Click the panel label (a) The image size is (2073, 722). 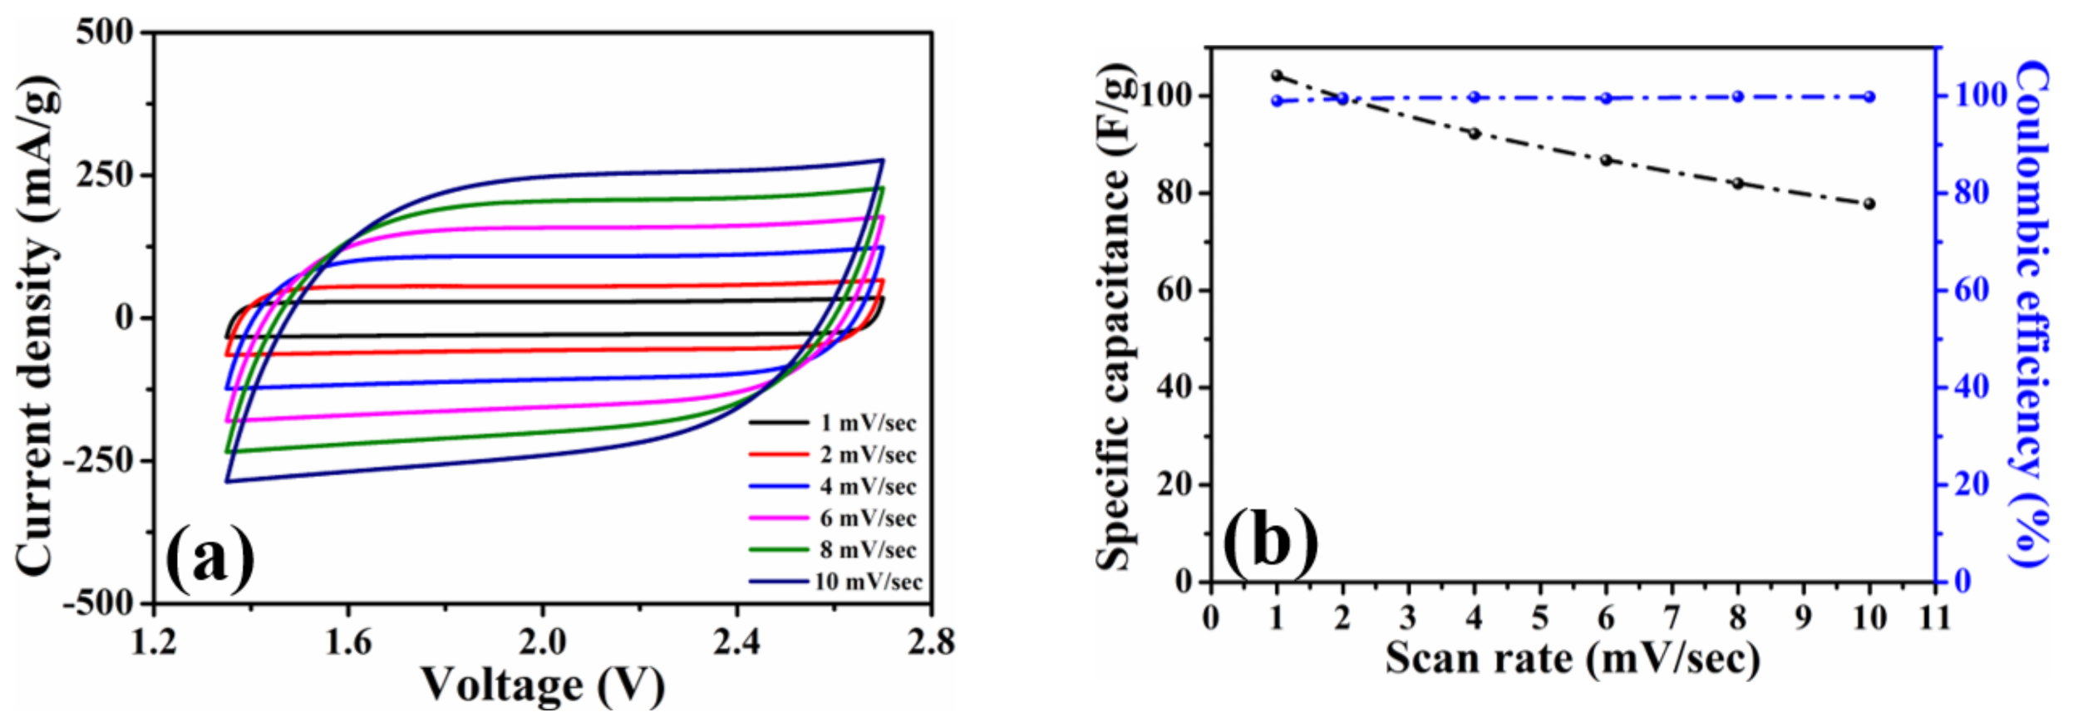coord(210,557)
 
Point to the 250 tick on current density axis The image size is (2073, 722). coord(104,175)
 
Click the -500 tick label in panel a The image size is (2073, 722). coord(97,603)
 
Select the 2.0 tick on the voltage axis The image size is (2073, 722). coord(542,642)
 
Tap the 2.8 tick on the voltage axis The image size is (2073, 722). coord(931,642)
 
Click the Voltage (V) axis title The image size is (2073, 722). coord(542,686)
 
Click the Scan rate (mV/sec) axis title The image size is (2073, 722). coord(1573,659)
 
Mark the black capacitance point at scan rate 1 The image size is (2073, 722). coord(1277,75)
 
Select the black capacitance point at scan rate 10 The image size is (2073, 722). coord(1869,204)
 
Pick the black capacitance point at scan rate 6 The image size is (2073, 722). coord(1606,160)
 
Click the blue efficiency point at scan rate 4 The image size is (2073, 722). coord(1475,97)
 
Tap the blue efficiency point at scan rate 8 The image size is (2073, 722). coord(1737,96)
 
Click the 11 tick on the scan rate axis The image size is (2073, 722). coord(1936,617)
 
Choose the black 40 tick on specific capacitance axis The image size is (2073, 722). coord(1175,387)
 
